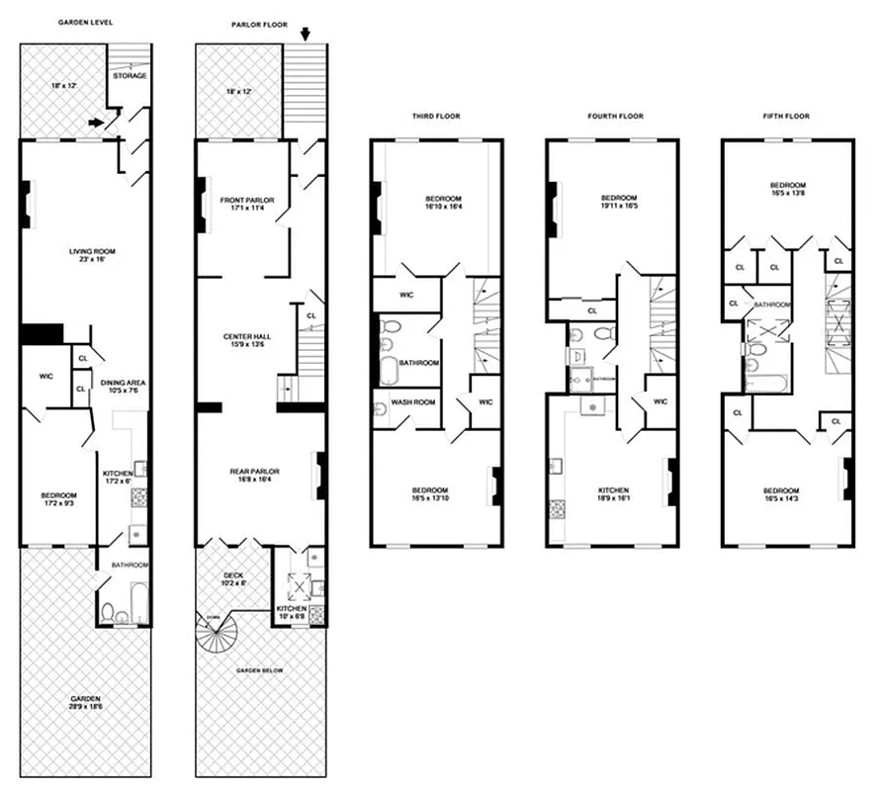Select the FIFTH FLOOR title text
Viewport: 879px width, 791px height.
[x=786, y=116]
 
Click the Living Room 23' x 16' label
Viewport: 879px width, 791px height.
[x=92, y=256]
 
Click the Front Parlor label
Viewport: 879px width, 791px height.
[x=246, y=205]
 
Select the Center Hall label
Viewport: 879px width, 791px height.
[x=246, y=341]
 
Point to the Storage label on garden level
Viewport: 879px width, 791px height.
[x=130, y=76]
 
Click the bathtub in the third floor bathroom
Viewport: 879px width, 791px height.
[x=385, y=369]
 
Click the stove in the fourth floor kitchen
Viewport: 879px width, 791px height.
[x=556, y=510]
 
